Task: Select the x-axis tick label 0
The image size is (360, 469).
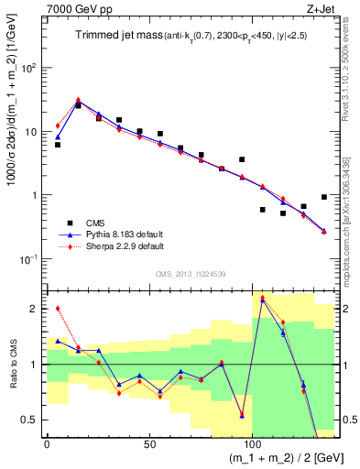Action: click(47, 444)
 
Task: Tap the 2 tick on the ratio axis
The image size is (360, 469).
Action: click(35, 309)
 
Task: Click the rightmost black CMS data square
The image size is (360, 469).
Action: click(324, 197)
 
